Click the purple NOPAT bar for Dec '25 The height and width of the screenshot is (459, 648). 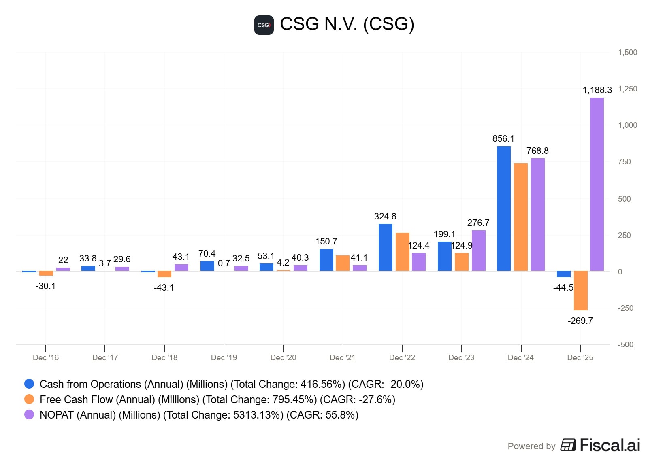pyautogui.click(x=597, y=184)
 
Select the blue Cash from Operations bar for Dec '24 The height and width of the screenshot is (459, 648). pyautogui.click(x=503, y=208)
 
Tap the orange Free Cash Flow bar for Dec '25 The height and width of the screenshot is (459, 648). pyautogui.click(x=580, y=291)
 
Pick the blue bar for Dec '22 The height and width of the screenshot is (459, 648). pyautogui.click(x=385, y=247)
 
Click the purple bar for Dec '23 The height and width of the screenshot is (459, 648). pyautogui.click(x=478, y=251)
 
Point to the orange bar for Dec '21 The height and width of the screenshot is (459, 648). pyautogui.click(x=342, y=263)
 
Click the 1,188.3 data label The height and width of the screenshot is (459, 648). pyautogui.click(x=597, y=90)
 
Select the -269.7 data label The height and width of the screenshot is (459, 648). pyautogui.click(x=580, y=321)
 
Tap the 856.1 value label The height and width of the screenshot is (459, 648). pyautogui.click(x=503, y=139)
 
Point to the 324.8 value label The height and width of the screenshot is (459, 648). pyautogui.click(x=385, y=217)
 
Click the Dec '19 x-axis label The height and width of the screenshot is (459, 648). pyautogui.click(x=224, y=358)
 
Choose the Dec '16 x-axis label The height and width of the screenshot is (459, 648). pyautogui.click(x=46, y=358)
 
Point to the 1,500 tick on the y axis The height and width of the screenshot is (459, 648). pyautogui.click(x=627, y=53)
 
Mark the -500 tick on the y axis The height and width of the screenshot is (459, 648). pyautogui.click(x=625, y=345)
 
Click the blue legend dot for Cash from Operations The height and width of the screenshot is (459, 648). pyautogui.click(x=29, y=384)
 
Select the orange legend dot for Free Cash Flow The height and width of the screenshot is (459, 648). pyautogui.click(x=29, y=399)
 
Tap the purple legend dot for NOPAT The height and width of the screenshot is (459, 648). pyautogui.click(x=29, y=415)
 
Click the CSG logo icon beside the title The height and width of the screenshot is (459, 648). pyautogui.click(x=264, y=25)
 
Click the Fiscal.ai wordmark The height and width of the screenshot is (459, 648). pyautogui.click(x=610, y=445)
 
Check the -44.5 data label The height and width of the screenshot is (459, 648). pyautogui.click(x=563, y=288)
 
